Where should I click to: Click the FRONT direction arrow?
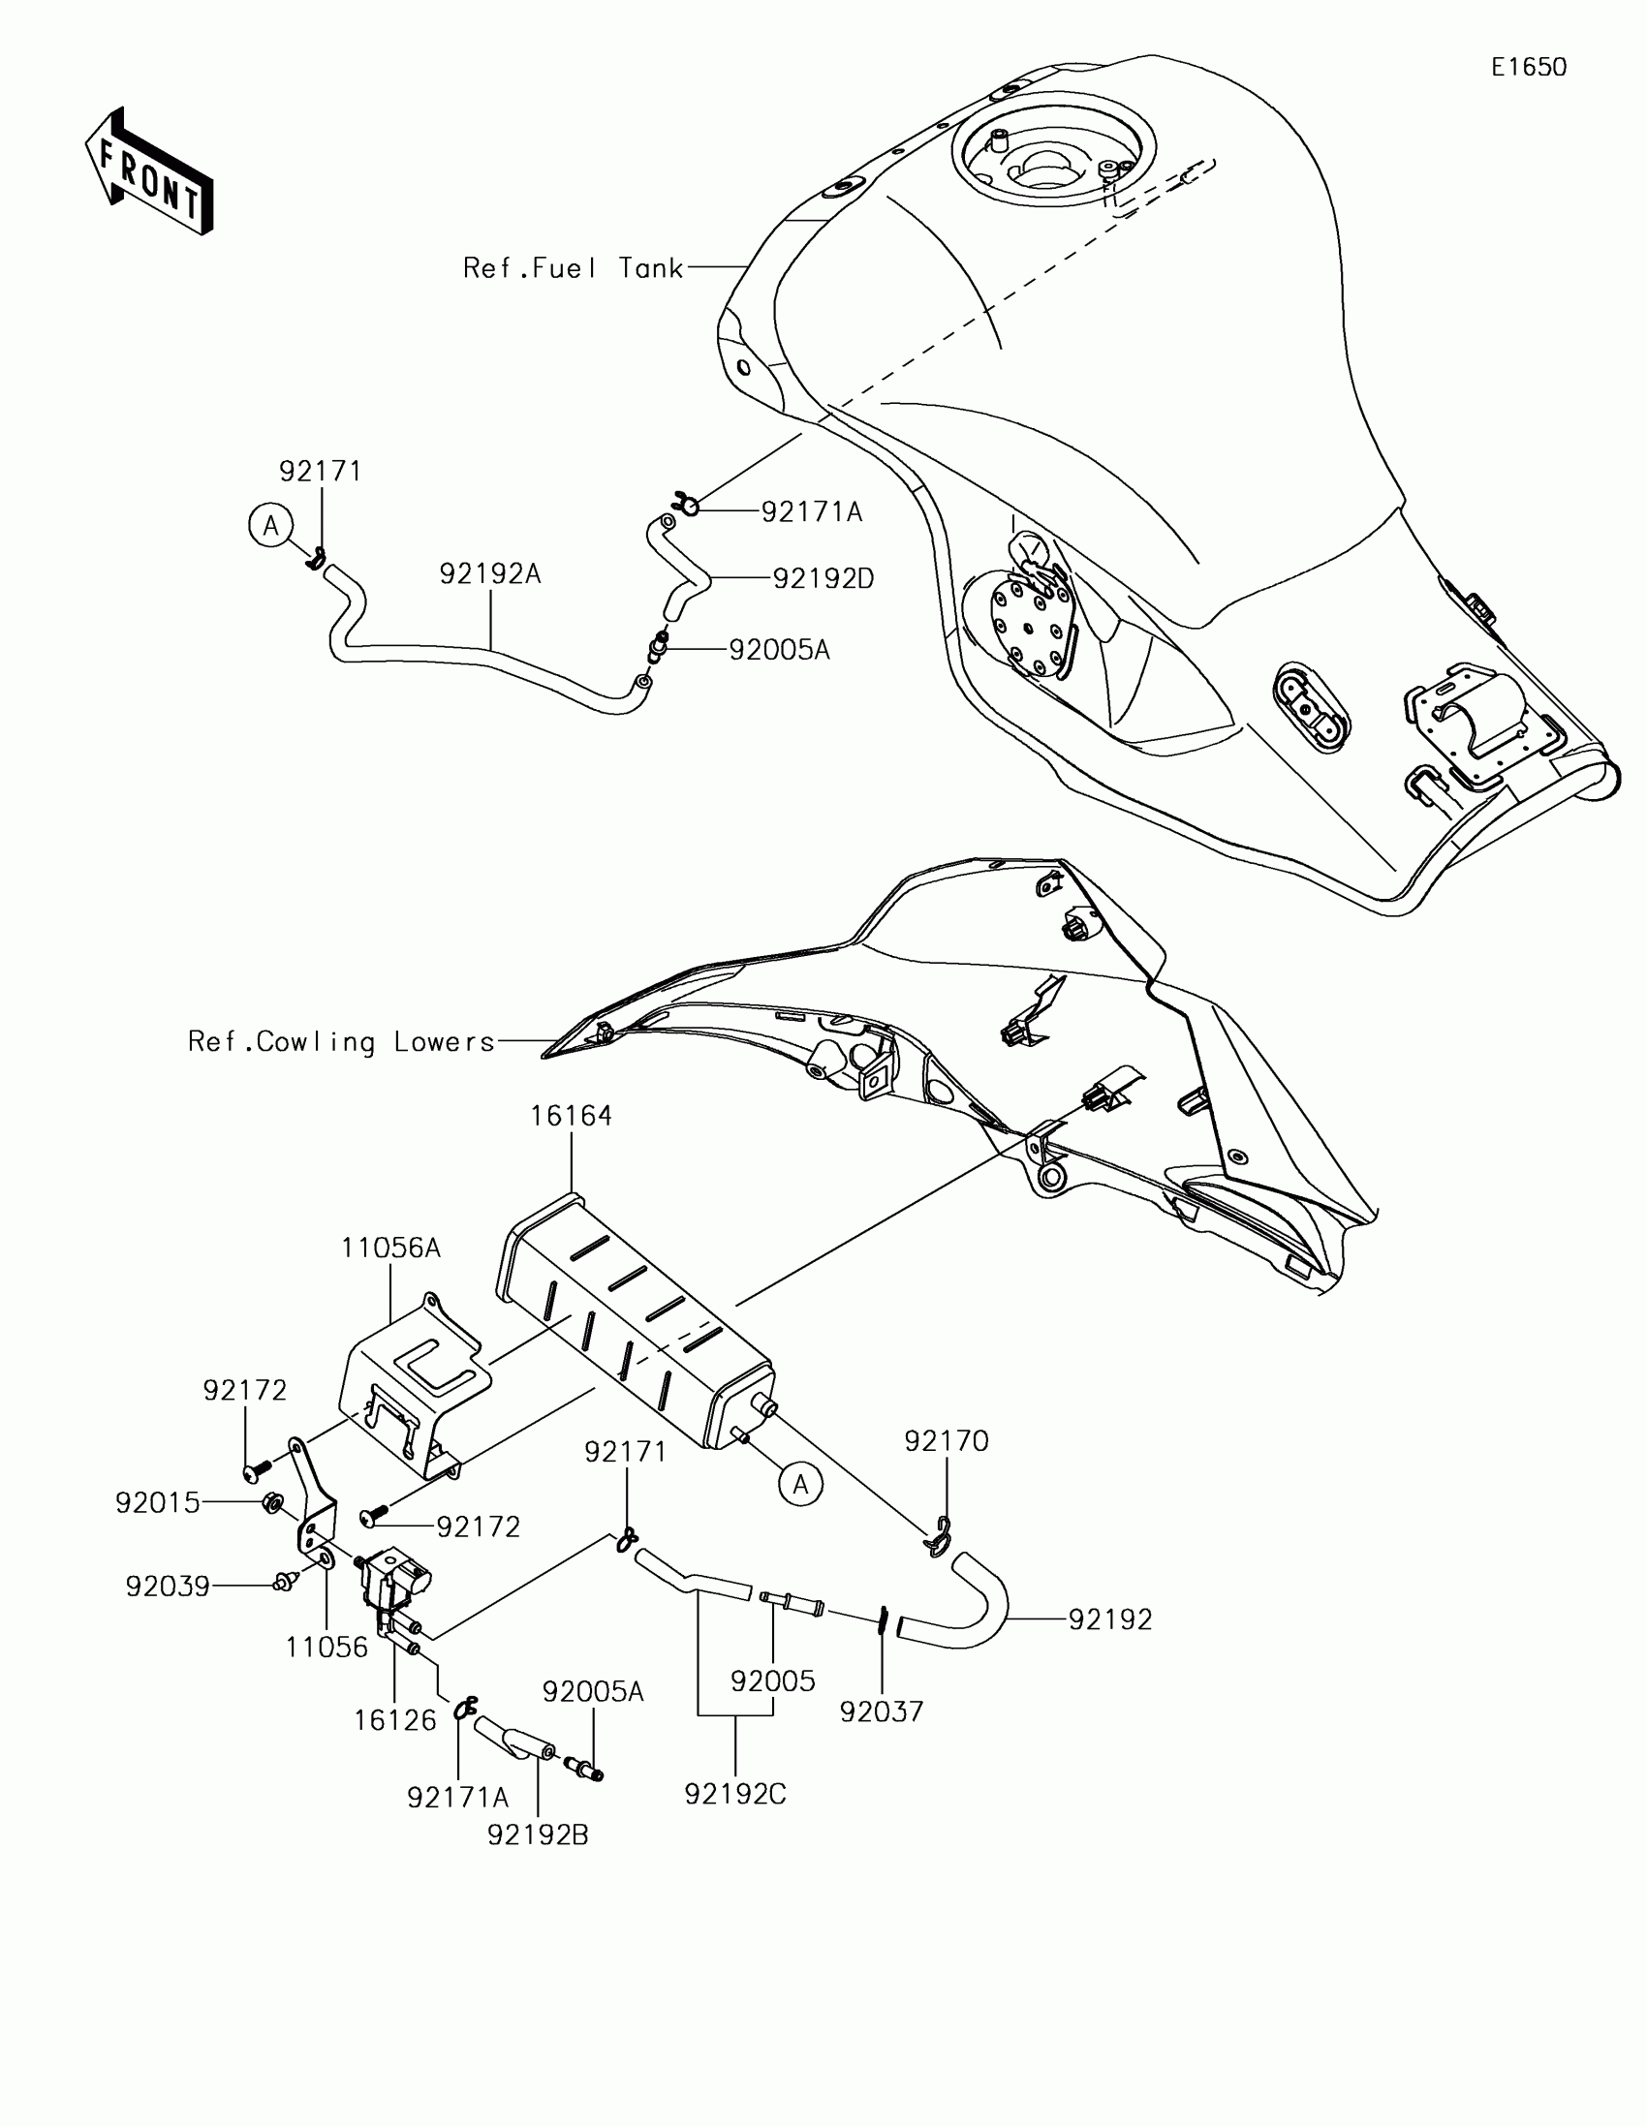(x=149, y=172)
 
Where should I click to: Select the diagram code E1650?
(x=1528, y=67)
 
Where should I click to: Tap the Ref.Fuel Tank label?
(x=573, y=268)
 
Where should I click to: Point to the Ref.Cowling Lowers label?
(x=341, y=1042)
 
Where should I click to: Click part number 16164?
(x=571, y=1116)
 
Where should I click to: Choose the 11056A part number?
(x=390, y=1248)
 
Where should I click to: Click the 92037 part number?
(x=882, y=1711)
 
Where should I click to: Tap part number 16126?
(x=394, y=1721)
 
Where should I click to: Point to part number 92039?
(x=168, y=1588)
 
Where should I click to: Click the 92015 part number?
(x=158, y=1503)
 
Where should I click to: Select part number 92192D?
(x=823, y=579)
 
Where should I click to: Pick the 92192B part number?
(x=538, y=1834)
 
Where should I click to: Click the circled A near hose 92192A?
(x=270, y=526)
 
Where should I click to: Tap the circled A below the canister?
(x=800, y=1484)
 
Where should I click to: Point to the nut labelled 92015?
(x=273, y=1505)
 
